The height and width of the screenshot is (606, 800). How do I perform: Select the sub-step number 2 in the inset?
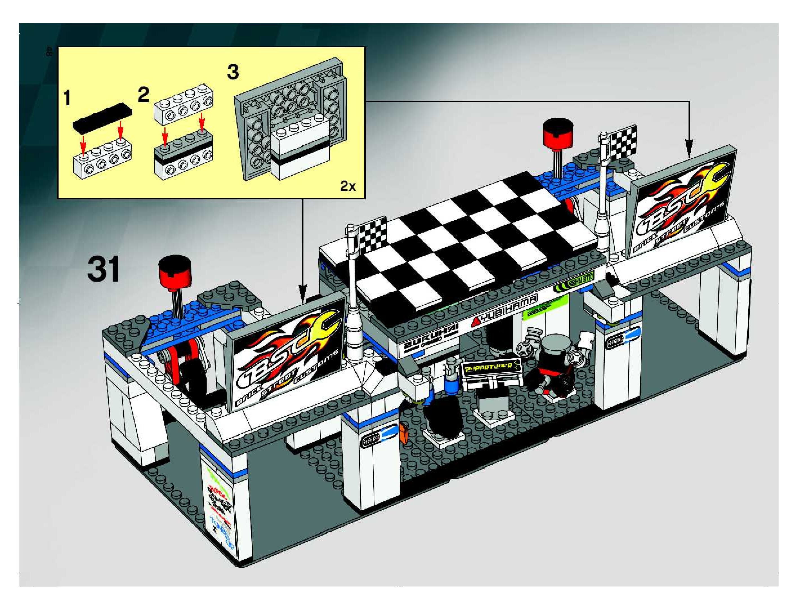point(143,95)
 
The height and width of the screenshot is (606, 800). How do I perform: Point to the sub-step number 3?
point(233,72)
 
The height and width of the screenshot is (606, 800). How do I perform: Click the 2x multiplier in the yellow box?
point(348,186)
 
